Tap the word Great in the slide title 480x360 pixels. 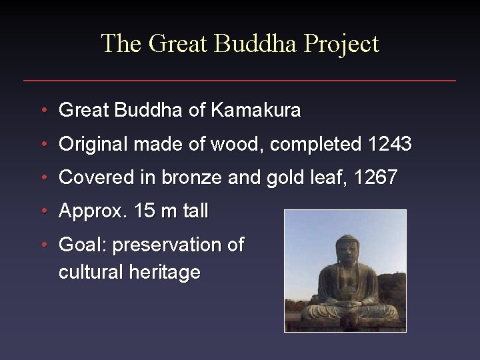178,44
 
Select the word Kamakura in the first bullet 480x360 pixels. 255,110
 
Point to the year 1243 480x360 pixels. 389,144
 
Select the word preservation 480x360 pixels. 169,245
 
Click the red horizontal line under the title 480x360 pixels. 240,81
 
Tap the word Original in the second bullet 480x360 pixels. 93,144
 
